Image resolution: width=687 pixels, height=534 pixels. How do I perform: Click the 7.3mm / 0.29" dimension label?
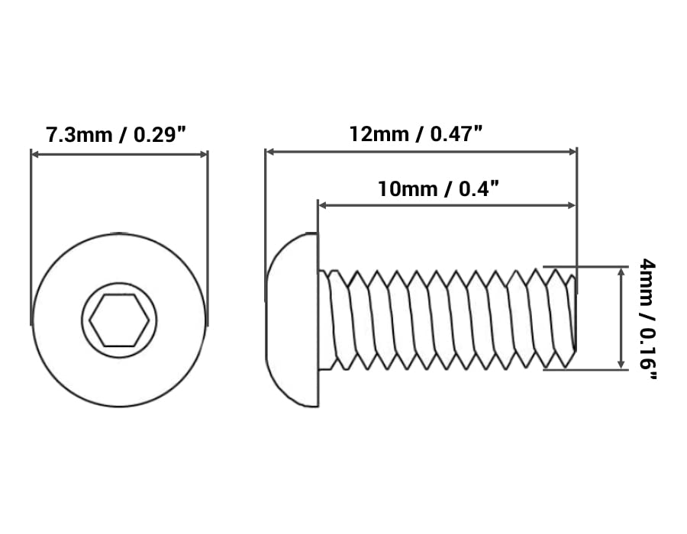(116, 134)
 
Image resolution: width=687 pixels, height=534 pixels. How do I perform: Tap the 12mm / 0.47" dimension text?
(416, 133)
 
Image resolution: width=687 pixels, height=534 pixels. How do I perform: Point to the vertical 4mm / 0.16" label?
(647, 319)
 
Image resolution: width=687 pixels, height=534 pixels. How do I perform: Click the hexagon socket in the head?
(119, 320)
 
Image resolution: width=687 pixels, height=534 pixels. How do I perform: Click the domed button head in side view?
(292, 320)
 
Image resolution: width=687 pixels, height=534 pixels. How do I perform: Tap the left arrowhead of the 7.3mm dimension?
(36, 154)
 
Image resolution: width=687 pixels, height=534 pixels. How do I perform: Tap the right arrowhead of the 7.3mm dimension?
(203, 154)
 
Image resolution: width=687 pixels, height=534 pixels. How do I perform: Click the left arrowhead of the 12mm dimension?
(270, 152)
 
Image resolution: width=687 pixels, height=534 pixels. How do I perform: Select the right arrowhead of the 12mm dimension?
(572, 152)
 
